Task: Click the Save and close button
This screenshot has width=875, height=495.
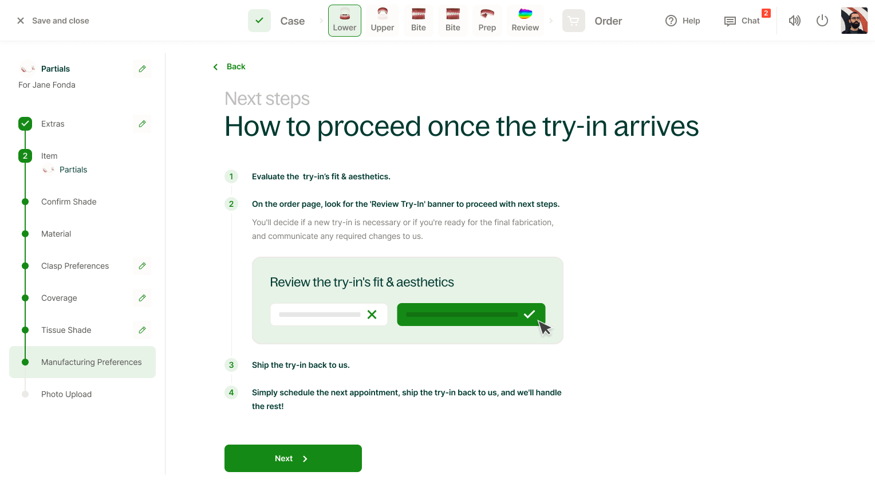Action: click(x=53, y=21)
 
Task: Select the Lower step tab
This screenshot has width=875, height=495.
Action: click(x=345, y=21)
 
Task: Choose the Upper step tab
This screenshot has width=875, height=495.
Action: click(x=383, y=21)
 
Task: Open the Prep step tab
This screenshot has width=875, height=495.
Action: click(x=487, y=21)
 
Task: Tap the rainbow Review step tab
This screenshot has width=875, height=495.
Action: click(x=525, y=21)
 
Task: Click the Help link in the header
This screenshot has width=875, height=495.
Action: click(x=683, y=21)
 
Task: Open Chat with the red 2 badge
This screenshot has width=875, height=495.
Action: click(x=742, y=21)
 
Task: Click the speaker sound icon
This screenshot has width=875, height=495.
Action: click(x=794, y=21)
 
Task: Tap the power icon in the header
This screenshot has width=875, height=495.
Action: click(x=822, y=21)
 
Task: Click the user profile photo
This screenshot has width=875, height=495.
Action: click(x=854, y=21)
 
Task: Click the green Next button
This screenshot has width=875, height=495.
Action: click(x=293, y=458)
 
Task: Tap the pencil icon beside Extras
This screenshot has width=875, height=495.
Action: click(x=142, y=124)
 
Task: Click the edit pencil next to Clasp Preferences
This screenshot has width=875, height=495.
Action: click(x=142, y=266)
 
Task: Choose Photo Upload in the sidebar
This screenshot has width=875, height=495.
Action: click(x=66, y=394)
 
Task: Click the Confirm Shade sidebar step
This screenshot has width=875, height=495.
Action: click(x=69, y=202)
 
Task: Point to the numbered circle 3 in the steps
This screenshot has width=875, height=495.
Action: click(x=231, y=365)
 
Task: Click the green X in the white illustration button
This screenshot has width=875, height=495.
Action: click(x=372, y=315)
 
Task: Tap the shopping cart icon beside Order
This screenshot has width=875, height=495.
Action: click(x=573, y=21)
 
